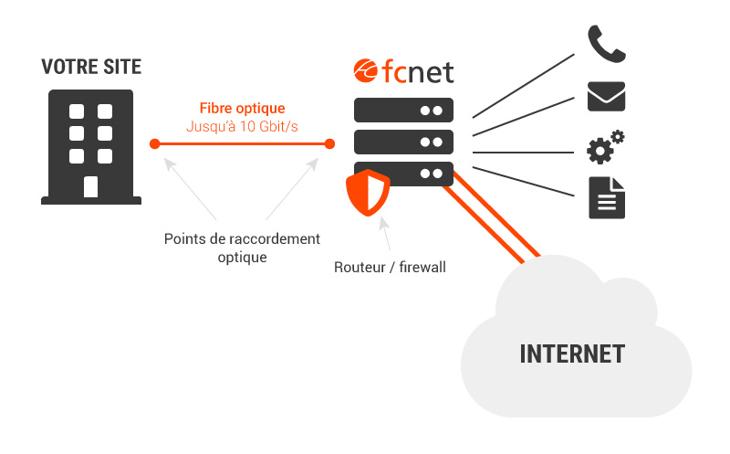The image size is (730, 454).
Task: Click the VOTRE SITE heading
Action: [91, 68]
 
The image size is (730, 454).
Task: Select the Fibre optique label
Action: [242, 109]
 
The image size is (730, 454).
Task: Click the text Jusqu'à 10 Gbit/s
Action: [242, 126]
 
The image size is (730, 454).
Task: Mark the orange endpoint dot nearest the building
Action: [155, 143]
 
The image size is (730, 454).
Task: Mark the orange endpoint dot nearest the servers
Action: [329, 143]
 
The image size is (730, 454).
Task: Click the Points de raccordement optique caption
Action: [242, 248]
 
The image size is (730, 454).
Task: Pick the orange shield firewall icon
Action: [368, 192]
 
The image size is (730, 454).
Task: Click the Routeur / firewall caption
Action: [390, 268]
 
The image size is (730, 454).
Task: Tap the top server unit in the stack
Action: [403, 111]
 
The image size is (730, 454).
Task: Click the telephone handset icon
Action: [606, 44]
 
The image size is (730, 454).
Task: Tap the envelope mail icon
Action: [606, 96]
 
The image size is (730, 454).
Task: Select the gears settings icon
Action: [604, 147]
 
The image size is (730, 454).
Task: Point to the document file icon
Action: [607, 197]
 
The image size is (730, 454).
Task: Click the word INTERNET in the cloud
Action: [572, 354]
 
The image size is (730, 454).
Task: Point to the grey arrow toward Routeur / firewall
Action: [386, 237]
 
